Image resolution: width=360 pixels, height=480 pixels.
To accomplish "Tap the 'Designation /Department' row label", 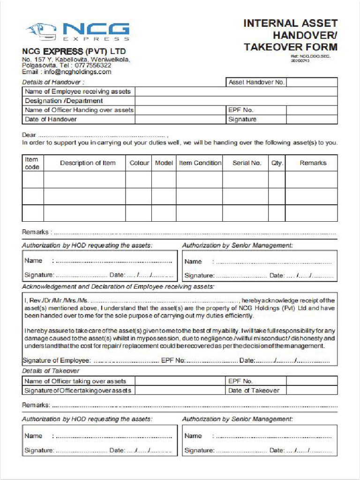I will (x=64, y=101).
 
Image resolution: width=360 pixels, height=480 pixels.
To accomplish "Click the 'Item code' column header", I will (x=32, y=163).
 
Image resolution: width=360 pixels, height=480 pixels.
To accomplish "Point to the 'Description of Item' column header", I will (x=88, y=163).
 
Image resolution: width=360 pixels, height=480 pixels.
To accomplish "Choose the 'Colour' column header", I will (x=139, y=163).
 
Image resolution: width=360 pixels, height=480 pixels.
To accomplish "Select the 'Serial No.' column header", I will (x=247, y=163).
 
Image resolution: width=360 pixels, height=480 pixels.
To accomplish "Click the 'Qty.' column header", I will (x=277, y=163).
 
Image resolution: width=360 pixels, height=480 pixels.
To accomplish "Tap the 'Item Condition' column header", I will (x=200, y=163).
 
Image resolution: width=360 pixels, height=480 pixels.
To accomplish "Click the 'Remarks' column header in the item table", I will (x=313, y=163).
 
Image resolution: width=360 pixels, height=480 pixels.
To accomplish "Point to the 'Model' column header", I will (x=164, y=163).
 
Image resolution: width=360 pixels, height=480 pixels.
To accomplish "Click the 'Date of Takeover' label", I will (x=254, y=390).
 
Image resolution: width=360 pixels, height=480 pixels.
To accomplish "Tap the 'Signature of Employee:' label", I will (x=56, y=360).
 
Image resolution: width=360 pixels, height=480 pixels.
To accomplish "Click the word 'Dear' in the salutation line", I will (x=30, y=135).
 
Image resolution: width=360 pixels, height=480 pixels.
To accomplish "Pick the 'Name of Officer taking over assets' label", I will (x=75, y=381).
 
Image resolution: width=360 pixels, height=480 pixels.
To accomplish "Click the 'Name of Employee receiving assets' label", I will (x=78, y=91).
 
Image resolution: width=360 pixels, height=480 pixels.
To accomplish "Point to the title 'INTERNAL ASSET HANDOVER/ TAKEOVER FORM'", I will (x=290, y=35).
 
